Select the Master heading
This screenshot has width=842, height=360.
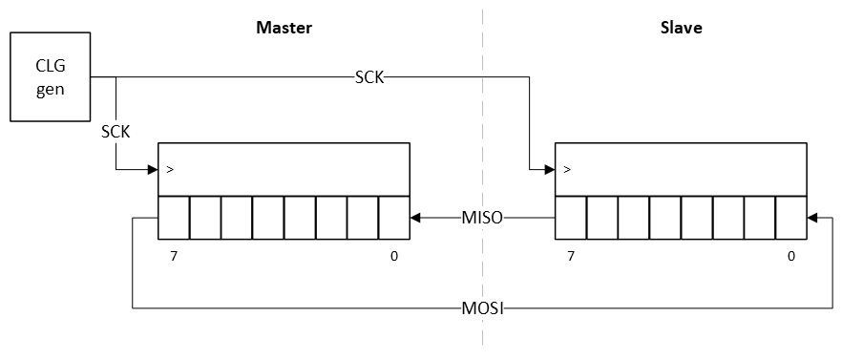[284, 28]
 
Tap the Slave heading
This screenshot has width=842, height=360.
[681, 28]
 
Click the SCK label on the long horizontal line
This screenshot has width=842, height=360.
[368, 77]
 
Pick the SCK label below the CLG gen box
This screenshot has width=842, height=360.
[116, 131]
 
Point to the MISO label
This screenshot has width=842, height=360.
[482, 218]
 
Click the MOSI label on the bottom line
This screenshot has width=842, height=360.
[483, 308]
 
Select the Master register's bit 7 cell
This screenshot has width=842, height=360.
[174, 218]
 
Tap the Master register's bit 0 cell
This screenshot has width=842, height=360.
[393, 218]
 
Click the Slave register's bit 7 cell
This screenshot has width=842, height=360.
[570, 218]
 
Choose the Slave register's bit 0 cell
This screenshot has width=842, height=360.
[790, 218]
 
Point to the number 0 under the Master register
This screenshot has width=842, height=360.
[394, 256]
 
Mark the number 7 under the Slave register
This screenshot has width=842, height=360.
[571, 256]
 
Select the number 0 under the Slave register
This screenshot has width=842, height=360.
[790, 256]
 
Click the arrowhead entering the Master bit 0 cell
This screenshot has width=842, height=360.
[416, 218]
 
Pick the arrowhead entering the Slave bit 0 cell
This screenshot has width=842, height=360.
[812, 218]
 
